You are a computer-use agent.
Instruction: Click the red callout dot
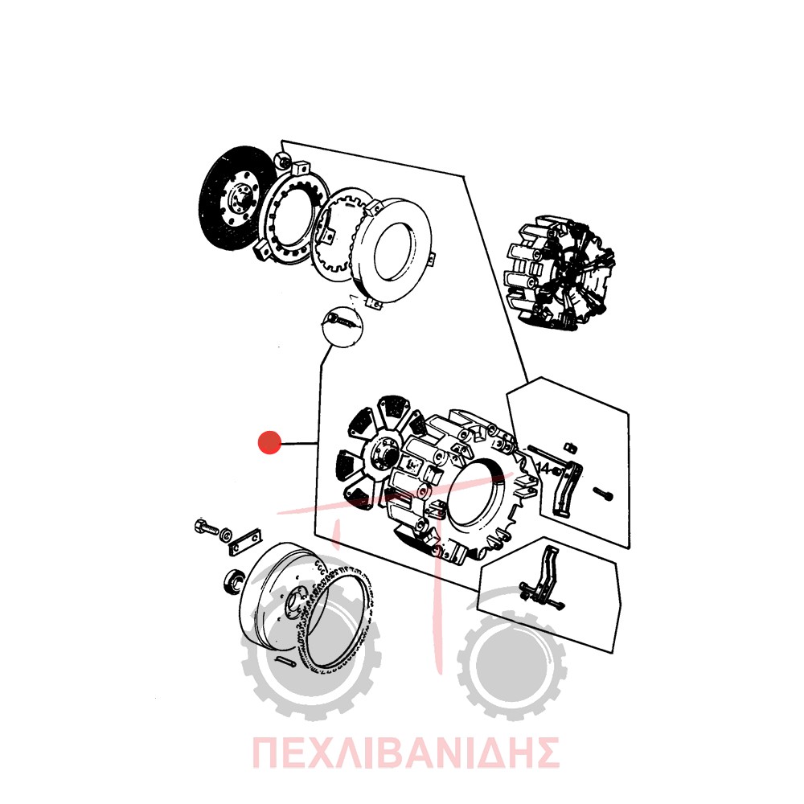pyautogui.click(x=269, y=442)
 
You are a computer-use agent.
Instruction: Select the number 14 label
pyautogui.click(x=544, y=469)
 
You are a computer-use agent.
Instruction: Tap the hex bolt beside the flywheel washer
pyautogui.click(x=207, y=527)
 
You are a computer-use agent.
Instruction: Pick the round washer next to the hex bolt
pyautogui.click(x=225, y=535)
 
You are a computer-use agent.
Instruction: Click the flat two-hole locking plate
pyautogui.click(x=245, y=541)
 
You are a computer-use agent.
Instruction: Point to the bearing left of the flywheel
pyautogui.click(x=235, y=582)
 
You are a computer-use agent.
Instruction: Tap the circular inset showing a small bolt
pyautogui.click(x=342, y=326)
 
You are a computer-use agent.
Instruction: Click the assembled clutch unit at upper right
pyautogui.click(x=560, y=271)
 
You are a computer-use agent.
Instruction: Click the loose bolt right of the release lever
pyautogui.click(x=603, y=494)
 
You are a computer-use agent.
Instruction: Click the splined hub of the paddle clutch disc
pyautogui.click(x=384, y=453)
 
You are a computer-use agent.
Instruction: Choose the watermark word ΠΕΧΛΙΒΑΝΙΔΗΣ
pyautogui.click(x=405, y=753)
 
